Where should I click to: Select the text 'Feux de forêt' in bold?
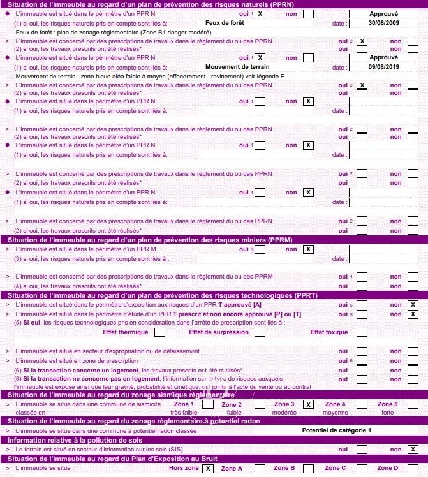(225, 23)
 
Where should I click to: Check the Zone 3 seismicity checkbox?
(309, 404)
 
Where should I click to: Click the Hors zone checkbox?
(207, 469)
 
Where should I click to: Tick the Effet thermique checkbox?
(159, 332)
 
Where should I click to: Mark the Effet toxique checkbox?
(362, 332)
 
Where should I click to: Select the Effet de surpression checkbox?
(261, 332)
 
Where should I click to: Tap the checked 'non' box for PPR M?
(309, 249)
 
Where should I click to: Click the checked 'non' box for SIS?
(413, 449)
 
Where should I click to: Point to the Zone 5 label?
(387, 404)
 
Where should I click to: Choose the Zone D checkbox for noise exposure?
(413, 469)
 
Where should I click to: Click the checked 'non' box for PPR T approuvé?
(413, 304)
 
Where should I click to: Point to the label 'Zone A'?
(232, 469)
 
